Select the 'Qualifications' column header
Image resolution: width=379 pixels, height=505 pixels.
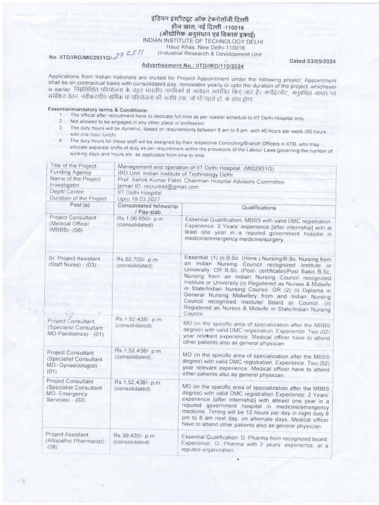[259, 208]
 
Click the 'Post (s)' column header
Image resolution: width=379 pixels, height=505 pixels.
[80, 205]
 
